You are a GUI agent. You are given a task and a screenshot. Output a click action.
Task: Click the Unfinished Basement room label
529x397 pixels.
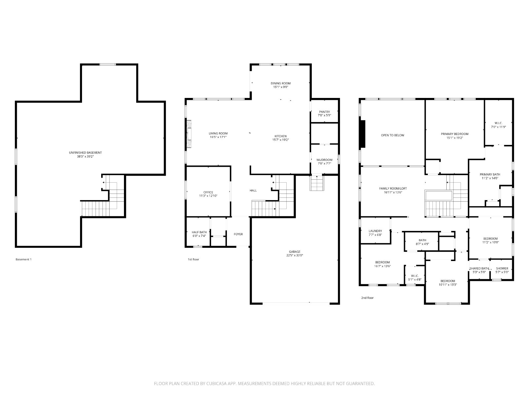85,153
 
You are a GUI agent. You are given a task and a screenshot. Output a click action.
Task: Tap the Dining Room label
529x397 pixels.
280,83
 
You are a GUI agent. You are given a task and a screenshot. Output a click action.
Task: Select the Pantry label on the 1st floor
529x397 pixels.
324,112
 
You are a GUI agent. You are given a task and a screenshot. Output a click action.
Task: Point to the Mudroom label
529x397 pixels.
324,160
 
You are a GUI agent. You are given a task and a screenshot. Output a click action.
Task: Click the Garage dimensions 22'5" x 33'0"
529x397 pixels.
295,255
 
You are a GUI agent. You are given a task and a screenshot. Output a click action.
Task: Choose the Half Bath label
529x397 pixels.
199,232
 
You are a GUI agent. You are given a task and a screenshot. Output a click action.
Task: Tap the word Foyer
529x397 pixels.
238,234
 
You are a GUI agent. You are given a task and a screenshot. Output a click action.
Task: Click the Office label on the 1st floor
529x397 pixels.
208,192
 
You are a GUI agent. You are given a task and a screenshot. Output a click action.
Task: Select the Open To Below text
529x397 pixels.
392,135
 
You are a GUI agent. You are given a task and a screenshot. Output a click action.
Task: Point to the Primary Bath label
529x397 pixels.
490,175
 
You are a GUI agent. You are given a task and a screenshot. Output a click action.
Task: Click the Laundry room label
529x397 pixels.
375,231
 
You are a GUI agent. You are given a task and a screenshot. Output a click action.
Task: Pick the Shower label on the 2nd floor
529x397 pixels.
502,268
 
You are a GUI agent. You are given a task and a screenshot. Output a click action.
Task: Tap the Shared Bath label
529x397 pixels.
479,268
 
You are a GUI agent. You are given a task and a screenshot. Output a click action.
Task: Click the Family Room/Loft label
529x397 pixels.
393,189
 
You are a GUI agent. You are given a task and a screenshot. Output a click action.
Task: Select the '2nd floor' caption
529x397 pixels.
367,298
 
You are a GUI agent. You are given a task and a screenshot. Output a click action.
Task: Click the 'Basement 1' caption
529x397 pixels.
23,259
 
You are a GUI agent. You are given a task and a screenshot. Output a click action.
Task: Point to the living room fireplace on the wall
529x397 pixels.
189,134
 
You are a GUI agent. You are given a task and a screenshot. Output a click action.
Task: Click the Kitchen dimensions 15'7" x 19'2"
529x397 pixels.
280,140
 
